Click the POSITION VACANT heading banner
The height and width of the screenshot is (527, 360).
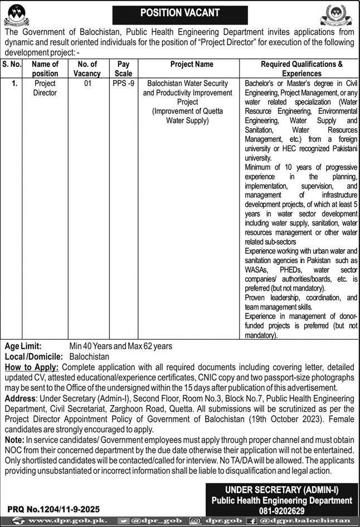click(179, 12)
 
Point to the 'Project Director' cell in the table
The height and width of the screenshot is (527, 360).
click(45, 88)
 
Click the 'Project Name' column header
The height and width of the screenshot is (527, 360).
click(192, 65)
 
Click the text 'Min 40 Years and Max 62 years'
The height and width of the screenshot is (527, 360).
click(121, 346)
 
